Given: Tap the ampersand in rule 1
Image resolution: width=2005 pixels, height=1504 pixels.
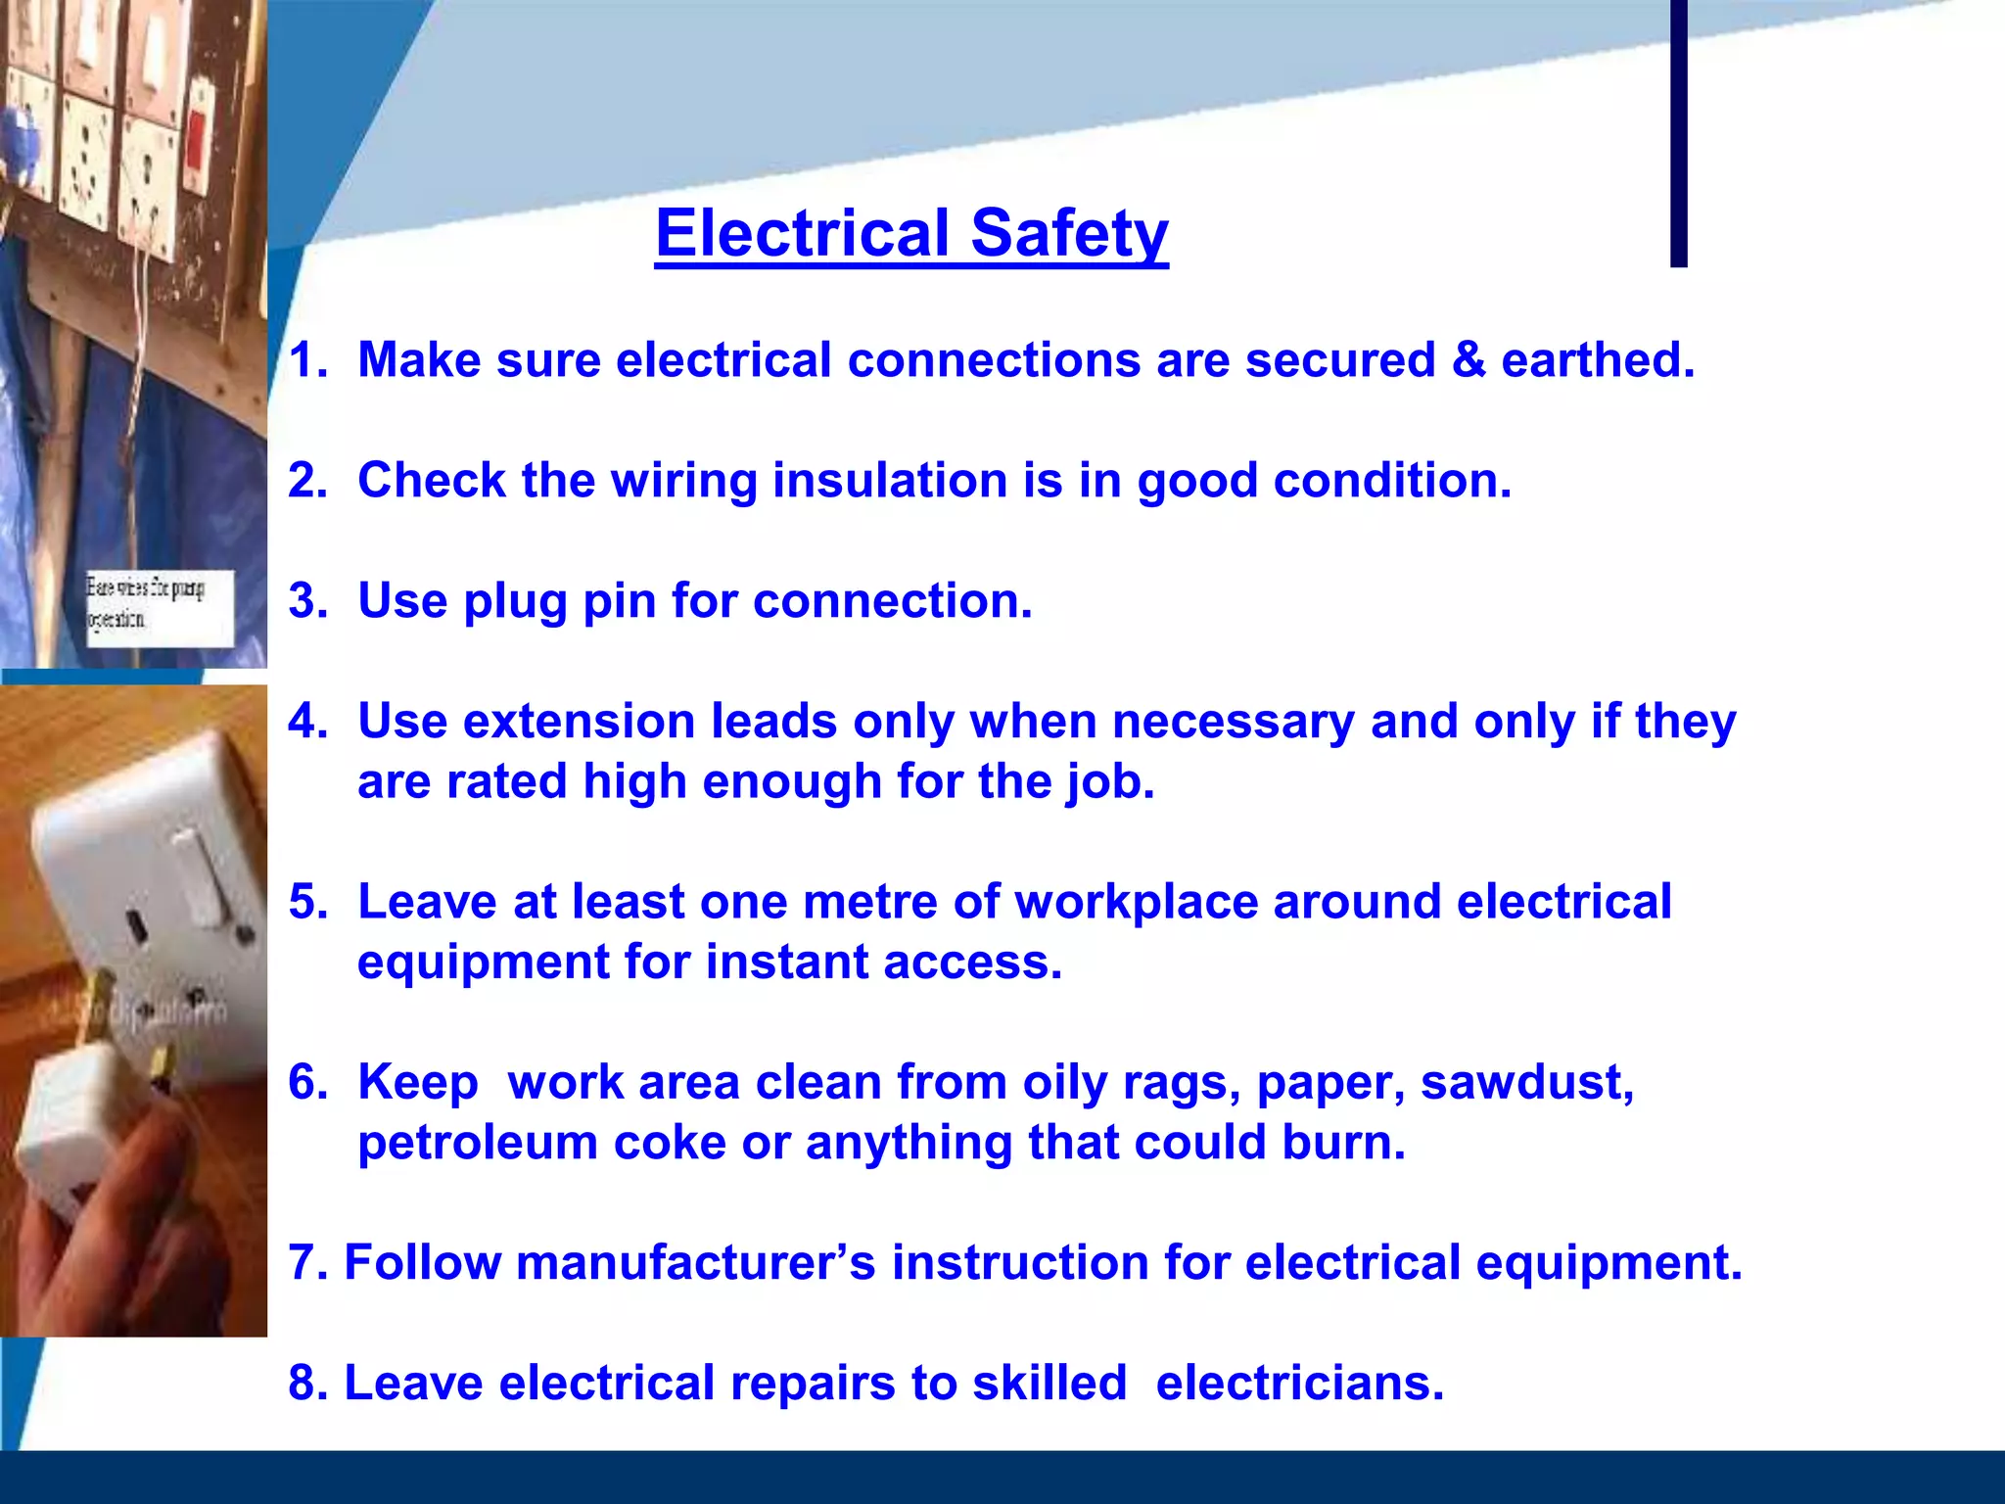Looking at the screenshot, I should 1468,359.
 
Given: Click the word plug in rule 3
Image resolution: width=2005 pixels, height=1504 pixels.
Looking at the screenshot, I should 515,600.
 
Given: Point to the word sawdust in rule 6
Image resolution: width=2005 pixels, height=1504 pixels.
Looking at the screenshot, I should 1526,1082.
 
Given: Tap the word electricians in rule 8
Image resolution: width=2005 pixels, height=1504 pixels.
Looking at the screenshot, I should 1299,1383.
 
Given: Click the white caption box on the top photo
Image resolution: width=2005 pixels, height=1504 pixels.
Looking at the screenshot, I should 160,607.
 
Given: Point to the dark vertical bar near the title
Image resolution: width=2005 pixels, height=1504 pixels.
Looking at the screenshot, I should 1678,132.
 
